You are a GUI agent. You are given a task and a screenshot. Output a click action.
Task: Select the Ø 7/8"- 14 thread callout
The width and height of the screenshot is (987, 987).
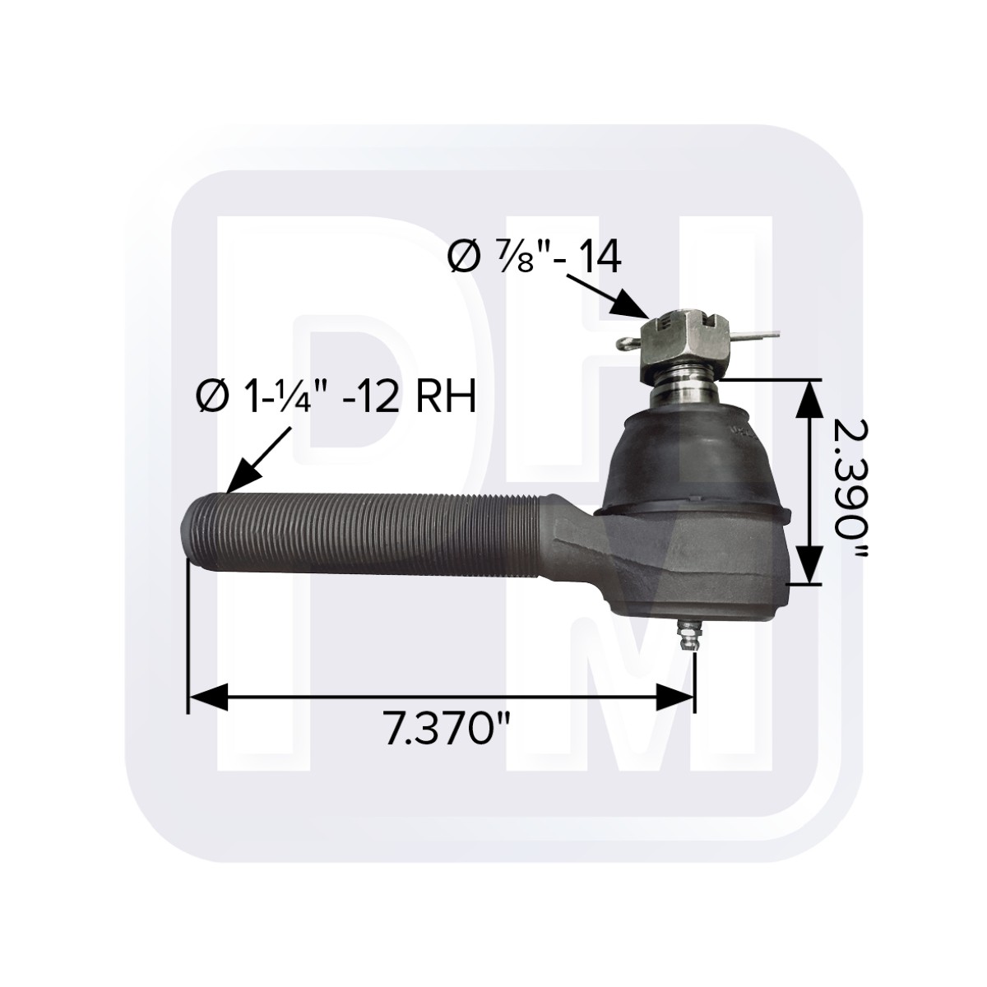tap(535, 257)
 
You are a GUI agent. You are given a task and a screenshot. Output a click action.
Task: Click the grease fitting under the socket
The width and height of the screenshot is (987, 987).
tap(687, 635)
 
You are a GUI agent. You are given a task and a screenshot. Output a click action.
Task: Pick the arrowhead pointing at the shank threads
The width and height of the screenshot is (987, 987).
tap(244, 477)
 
